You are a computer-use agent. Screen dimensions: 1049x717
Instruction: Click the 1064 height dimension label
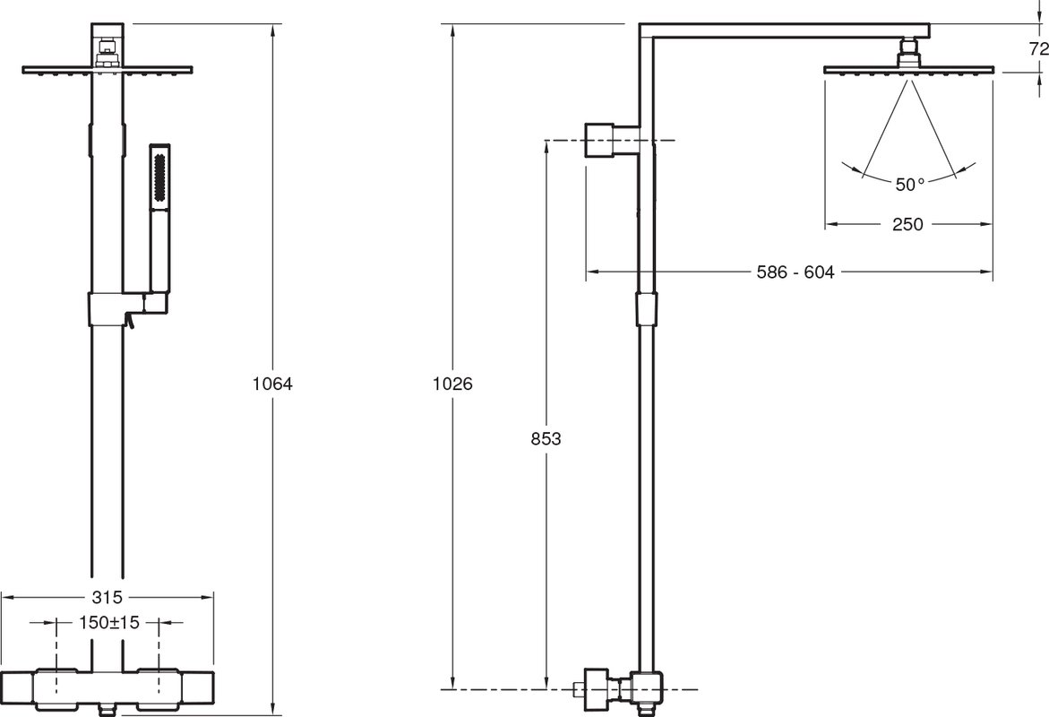pyautogui.click(x=273, y=384)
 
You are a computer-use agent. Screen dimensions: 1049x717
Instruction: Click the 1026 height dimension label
pyautogui.click(x=453, y=384)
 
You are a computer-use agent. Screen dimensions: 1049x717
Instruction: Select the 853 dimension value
pyautogui.click(x=546, y=439)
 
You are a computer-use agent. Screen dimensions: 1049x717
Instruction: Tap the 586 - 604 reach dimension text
pyautogui.click(x=795, y=272)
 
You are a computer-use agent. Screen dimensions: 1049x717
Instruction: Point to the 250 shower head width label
pyautogui.click(x=907, y=224)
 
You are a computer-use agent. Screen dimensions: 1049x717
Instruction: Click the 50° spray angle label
pyautogui.click(x=910, y=184)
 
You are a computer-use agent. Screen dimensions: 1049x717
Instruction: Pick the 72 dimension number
pyautogui.click(x=1038, y=48)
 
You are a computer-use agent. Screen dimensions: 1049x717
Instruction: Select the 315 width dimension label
pyautogui.click(x=107, y=597)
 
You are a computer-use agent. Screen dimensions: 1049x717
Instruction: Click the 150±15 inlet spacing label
pyautogui.click(x=109, y=623)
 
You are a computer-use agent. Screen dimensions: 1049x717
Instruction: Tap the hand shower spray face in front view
pyautogui.click(x=159, y=177)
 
